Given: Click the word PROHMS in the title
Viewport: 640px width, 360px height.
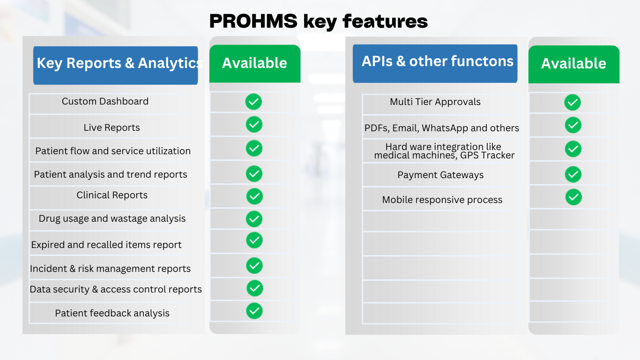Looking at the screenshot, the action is [x=253, y=21].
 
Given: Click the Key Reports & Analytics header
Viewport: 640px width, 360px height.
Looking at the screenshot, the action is [x=115, y=66].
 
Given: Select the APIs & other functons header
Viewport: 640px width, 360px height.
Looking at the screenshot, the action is [x=435, y=63].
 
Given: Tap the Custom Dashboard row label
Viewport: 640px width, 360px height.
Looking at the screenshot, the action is [x=105, y=101].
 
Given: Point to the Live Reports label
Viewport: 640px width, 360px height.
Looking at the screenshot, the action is [x=112, y=127].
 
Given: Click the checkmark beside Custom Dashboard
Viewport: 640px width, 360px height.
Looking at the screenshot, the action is [x=253, y=102].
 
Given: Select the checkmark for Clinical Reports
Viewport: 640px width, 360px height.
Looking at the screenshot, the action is [x=254, y=196].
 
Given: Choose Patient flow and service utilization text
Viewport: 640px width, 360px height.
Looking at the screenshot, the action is [x=113, y=150].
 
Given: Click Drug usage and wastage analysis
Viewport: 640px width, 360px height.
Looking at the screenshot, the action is [x=112, y=218].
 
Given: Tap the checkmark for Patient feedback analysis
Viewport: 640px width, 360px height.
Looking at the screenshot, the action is [x=254, y=311].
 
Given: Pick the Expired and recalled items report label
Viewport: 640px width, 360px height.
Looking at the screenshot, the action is [x=106, y=245].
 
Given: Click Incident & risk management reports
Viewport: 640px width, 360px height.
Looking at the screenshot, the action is [x=110, y=269].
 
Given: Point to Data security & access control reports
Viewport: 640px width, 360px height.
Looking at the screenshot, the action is [x=116, y=289].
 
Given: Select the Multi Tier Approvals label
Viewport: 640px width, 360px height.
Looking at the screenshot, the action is [x=435, y=102].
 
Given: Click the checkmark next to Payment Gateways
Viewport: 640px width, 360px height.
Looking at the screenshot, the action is [x=573, y=174].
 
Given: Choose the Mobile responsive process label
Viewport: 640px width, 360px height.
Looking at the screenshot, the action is [x=442, y=200].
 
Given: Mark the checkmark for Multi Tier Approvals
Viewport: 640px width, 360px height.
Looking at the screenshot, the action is [x=573, y=102].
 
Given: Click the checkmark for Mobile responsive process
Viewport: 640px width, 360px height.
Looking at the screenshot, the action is [x=573, y=197].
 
